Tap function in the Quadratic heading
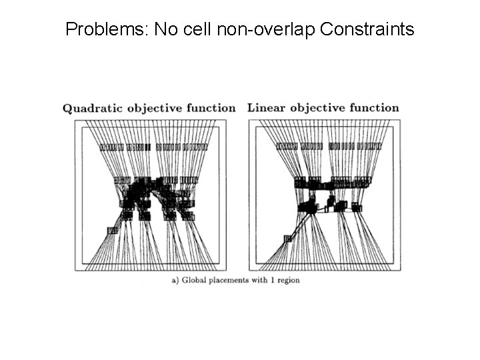click(x=209, y=108)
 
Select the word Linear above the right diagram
click(x=265, y=107)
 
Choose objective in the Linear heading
click(x=316, y=107)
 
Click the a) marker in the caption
click(x=175, y=280)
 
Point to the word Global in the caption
click(x=194, y=280)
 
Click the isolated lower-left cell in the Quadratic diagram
click(x=112, y=230)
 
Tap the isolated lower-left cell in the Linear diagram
click(x=287, y=238)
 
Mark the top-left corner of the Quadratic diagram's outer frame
click(x=75, y=121)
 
